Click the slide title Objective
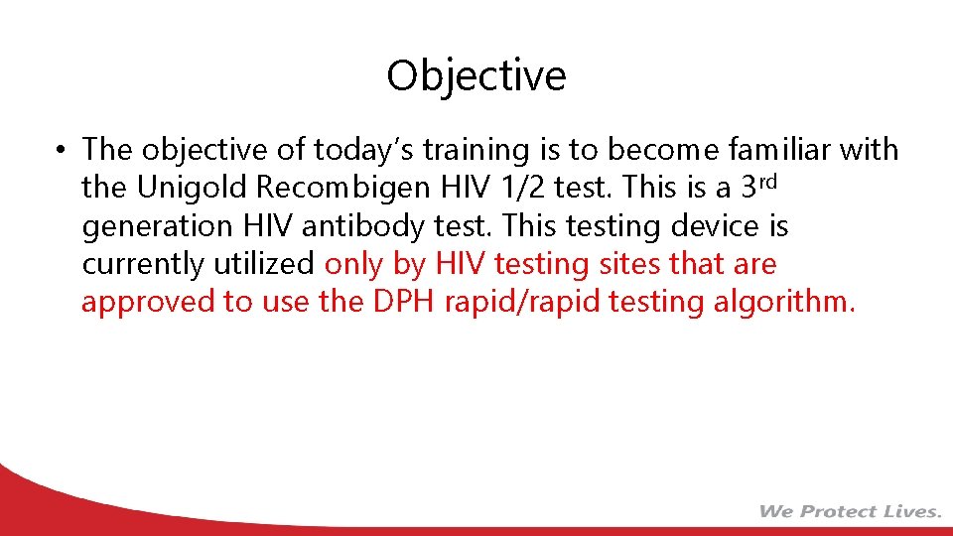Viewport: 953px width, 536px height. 476,75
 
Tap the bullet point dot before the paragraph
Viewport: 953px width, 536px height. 62,151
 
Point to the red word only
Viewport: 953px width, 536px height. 355,264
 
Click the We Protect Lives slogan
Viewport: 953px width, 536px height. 850,511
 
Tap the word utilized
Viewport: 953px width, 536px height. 265,264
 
